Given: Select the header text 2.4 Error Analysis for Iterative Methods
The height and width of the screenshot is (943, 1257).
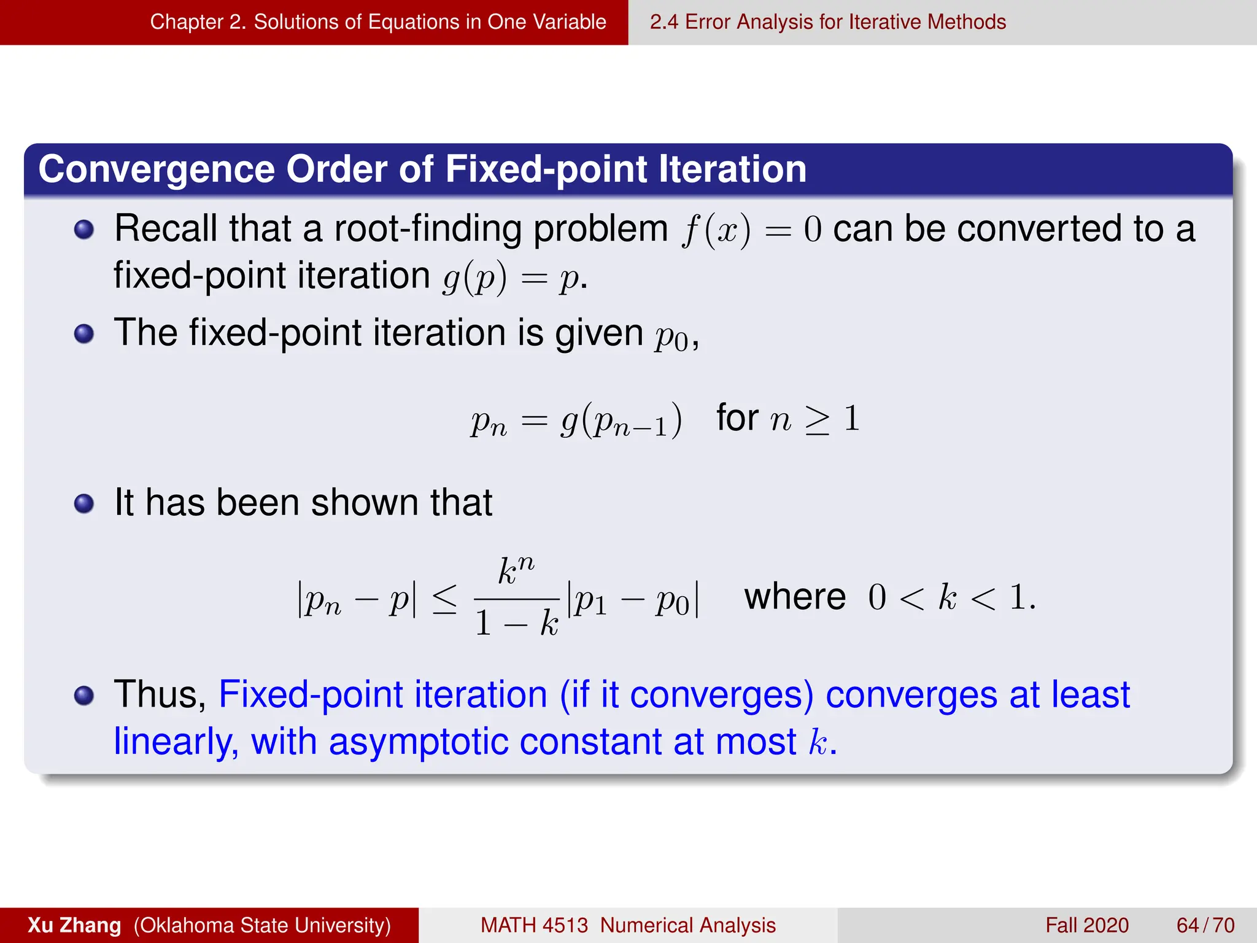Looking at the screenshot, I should click(x=827, y=22).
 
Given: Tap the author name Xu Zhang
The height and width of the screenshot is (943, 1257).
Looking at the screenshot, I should click(x=74, y=925).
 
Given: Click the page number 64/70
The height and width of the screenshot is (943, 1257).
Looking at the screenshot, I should click(x=1205, y=925).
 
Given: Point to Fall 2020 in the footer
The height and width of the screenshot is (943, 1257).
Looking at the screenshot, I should click(x=1086, y=925).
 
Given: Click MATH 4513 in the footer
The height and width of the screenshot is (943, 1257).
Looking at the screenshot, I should click(x=533, y=925).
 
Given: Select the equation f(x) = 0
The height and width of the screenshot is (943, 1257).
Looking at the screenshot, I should click(x=751, y=230).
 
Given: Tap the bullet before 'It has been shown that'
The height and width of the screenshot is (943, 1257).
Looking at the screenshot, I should click(x=84, y=504).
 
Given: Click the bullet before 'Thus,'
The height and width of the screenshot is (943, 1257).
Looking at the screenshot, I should click(x=84, y=696).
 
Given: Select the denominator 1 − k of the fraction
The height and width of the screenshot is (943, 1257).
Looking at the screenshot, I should click(x=517, y=623).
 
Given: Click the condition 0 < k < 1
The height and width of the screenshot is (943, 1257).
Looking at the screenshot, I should click(x=951, y=597).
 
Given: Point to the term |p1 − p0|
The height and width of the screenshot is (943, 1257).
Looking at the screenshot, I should click(x=633, y=599).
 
